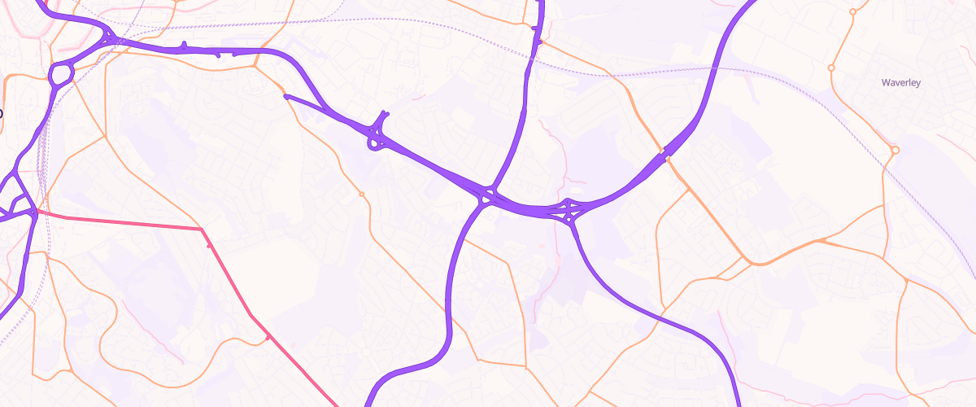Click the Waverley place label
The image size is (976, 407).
[900, 83]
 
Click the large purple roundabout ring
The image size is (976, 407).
[61, 75]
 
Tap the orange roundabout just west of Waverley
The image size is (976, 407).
[831, 68]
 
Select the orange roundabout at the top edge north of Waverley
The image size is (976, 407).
[852, 11]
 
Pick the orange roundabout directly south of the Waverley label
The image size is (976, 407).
[895, 150]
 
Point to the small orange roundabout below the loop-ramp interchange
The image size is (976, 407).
[361, 194]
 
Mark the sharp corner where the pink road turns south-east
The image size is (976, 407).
[202, 230]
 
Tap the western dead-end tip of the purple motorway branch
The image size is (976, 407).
[285, 96]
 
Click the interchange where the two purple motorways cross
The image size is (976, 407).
[487, 195]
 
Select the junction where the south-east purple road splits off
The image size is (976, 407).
[571, 216]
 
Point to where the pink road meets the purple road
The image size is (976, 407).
[35, 212]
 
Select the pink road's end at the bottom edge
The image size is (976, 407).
[337, 405]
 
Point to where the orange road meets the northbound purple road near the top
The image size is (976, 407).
[536, 41]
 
